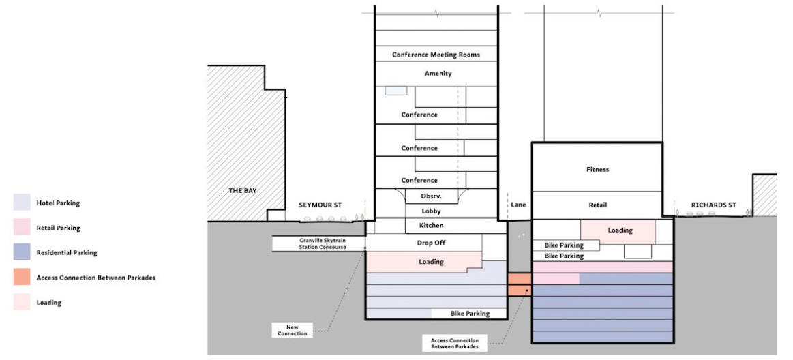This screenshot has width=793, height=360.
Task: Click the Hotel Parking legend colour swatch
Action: coord(20,202)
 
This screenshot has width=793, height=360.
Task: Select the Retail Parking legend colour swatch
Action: coord(20,227)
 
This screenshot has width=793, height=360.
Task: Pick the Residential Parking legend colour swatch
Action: coord(20,252)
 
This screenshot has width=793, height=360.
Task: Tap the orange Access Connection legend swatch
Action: coord(20,277)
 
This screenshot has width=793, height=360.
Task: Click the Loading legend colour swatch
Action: coord(20,302)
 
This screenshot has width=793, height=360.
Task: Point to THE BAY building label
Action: coord(242,191)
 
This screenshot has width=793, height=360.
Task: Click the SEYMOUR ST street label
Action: coord(319,205)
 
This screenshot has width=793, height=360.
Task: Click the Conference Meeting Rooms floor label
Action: coord(436,55)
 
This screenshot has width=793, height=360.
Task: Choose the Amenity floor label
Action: coord(438,74)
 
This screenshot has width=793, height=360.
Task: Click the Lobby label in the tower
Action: coord(432,211)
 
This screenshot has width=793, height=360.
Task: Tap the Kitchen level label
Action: coord(432,226)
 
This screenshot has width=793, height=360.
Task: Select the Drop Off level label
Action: coord(431,243)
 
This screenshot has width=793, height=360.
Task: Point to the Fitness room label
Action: coord(597,170)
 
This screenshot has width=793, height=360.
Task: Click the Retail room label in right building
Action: coord(597,205)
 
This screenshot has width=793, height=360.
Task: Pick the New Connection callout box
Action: coord(293,330)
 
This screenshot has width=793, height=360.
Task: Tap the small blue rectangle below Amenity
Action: coord(395,91)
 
